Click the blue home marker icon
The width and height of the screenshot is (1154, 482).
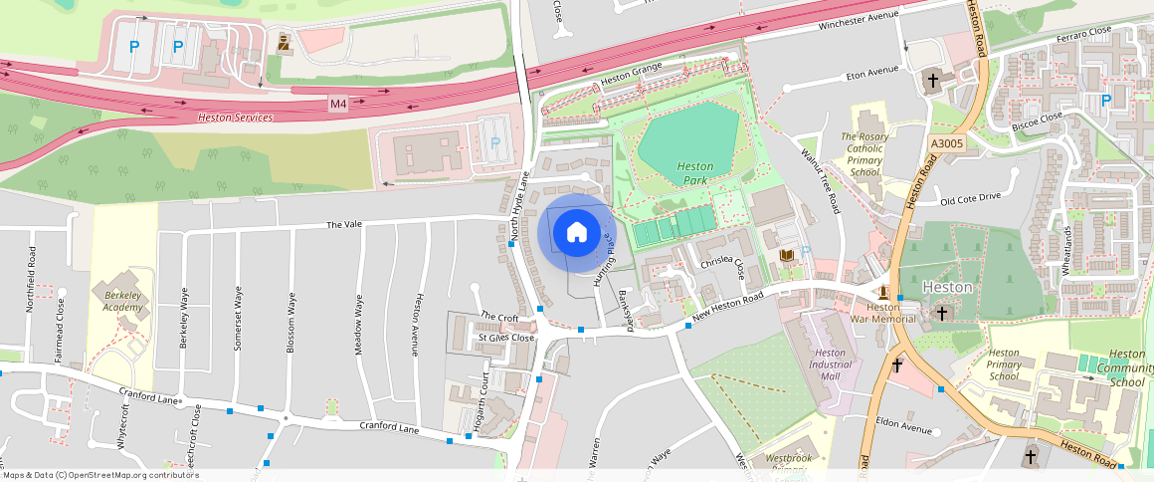pyautogui.click(x=576, y=233)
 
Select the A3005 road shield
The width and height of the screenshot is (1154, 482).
pyautogui.click(x=947, y=144)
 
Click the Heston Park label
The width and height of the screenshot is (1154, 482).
pyautogui.click(x=694, y=173)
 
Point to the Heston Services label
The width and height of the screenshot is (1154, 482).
pyautogui.click(x=235, y=118)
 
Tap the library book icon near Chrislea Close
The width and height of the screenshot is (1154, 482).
pyautogui.click(x=787, y=257)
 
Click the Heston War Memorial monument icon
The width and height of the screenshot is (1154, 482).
pyautogui.click(x=883, y=292)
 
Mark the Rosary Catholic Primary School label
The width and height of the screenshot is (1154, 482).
pyautogui.click(x=863, y=154)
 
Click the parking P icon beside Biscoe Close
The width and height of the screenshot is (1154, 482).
pyautogui.click(x=1106, y=101)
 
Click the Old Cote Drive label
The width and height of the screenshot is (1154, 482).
pyautogui.click(x=970, y=198)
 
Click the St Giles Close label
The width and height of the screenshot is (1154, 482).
pyautogui.click(x=506, y=338)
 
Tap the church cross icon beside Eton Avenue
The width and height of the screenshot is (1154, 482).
pyautogui.click(x=933, y=80)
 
